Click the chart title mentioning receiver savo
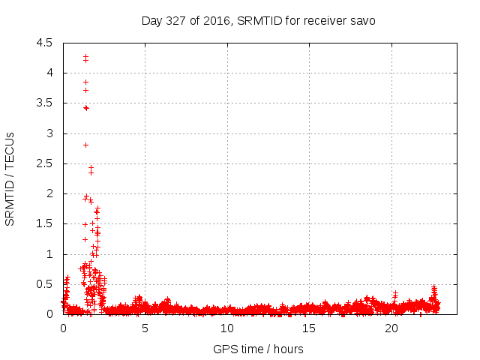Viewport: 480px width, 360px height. tap(259, 20)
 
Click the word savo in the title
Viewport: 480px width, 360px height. tap(363, 20)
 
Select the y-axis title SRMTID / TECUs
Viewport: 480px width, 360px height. tap(10, 178)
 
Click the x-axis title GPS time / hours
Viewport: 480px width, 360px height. tap(258, 349)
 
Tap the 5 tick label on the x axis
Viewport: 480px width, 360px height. tap(145, 328)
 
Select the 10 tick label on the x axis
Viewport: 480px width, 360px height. tap(227, 328)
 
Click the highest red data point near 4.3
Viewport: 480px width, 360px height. tap(85, 55)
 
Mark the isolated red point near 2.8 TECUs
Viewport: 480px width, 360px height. tap(85, 145)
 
